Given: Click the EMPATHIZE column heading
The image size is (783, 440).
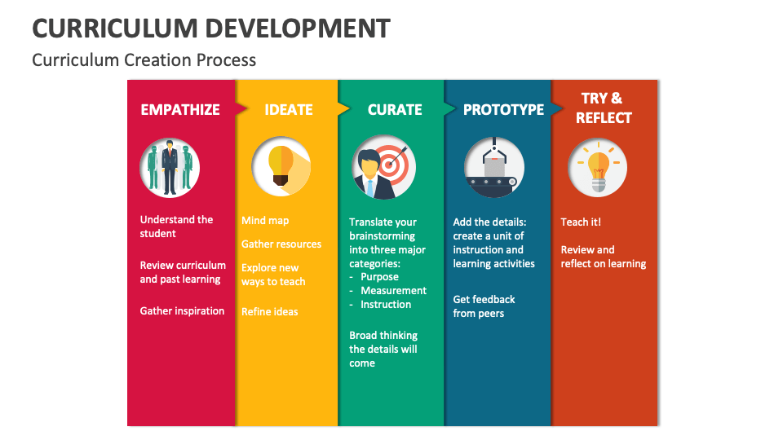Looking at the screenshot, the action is pos(180,110).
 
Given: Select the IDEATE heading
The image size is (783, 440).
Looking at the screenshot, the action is pos(289,110).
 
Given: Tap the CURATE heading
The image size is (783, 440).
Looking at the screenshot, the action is pos(395,110).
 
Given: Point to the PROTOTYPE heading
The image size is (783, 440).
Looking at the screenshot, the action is pos(503,110).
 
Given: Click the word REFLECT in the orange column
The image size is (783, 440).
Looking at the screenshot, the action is pos(604,117).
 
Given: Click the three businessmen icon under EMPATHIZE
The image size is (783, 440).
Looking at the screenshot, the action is pos(170,168).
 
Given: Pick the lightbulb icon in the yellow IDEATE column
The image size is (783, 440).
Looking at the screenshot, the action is pos(281,166).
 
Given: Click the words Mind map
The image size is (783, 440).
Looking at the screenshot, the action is pos(265,221).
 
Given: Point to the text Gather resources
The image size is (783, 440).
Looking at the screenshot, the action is pos(281,244).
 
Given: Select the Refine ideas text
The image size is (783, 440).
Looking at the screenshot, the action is pos(270,312).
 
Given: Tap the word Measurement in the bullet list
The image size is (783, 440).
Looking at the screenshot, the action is pos(393,290).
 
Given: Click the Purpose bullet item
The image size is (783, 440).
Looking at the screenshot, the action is pos(379,277).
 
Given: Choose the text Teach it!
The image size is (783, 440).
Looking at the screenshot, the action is pos(581,222).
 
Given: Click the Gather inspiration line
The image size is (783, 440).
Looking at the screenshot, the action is pos(182,311).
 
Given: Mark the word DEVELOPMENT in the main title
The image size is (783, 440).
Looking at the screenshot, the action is pos(298,29).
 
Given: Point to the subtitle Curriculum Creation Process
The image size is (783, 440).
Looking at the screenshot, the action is pos(144,60).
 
